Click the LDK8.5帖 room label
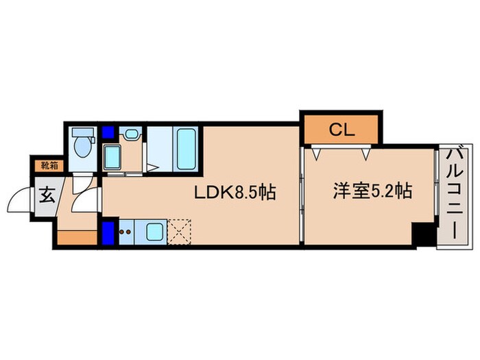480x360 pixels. (x=235, y=193)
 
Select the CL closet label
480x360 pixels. (x=341, y=130)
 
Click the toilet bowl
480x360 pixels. (x=83, y=146)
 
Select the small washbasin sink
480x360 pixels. (x=130, y=134)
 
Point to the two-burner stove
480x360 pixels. (x=125, y=232)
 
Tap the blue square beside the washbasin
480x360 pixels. (x=108, y=133)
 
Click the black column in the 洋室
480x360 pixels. (x=423, y=235)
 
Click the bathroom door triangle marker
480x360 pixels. (x=153, y=167)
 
